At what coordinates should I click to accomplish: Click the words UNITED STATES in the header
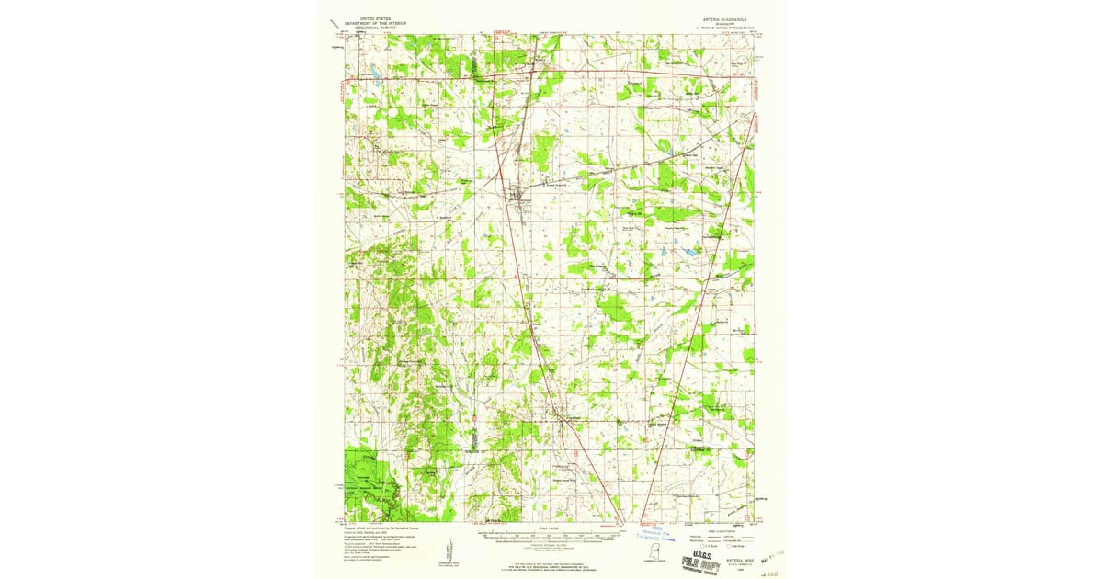click(x=360, y=17)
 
